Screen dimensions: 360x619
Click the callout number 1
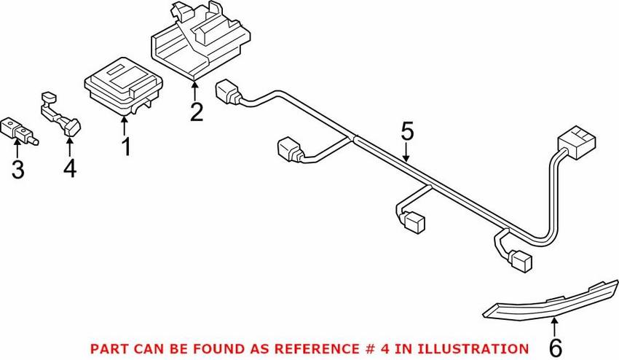coord(126,146)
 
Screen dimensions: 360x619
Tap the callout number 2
coord(196,113)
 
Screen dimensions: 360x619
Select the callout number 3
coord(17,170)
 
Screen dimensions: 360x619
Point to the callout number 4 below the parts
coord(69,168)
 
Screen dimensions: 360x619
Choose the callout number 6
coord(556,347)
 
